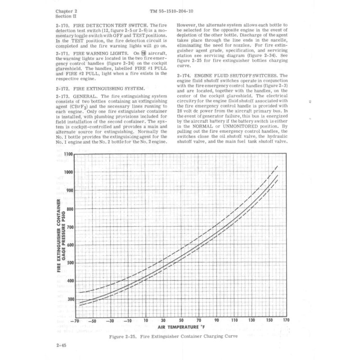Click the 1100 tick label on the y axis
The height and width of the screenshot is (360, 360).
click(67, 154)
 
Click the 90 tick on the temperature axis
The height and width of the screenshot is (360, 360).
click(216, 320)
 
